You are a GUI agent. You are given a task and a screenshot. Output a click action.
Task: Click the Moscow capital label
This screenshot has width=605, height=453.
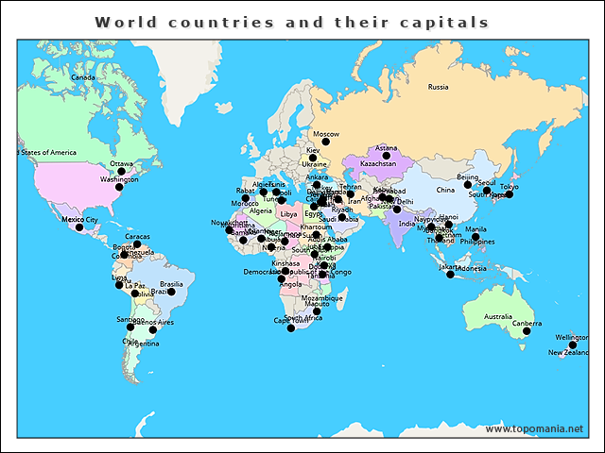coord(325,134)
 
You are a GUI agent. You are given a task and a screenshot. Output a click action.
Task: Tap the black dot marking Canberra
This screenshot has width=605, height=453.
coord(527,331)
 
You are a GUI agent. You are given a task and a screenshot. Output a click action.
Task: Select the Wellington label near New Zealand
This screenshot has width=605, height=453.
coord(572,337)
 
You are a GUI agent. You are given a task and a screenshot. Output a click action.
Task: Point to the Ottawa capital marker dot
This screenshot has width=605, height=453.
coord(121,172)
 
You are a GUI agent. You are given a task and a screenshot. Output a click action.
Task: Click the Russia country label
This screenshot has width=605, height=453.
coord(438,87)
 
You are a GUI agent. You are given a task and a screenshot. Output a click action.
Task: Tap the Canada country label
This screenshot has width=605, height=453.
coord(83,77)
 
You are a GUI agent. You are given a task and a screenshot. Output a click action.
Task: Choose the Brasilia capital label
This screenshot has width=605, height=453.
coord(171,284)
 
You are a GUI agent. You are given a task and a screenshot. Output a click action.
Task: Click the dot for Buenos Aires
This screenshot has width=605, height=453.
coord(152,329)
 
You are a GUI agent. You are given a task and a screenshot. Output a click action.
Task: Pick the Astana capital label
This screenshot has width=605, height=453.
coord(387,148)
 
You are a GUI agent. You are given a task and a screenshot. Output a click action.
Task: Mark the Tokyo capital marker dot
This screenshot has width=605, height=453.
coord(509,194)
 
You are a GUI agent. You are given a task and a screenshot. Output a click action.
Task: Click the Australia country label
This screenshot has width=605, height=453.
coord(497,316)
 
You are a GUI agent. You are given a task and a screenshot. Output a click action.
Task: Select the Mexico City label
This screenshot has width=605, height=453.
coord(79,219)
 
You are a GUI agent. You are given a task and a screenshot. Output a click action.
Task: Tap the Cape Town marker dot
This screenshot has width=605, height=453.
coord(291,327)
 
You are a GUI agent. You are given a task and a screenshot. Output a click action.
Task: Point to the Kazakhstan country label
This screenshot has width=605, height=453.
coord(378,163)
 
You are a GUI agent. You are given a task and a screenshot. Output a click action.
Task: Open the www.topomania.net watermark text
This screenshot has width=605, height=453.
coord(534,428)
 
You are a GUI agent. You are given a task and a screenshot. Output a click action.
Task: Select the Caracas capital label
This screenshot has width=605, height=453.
coord(137,236)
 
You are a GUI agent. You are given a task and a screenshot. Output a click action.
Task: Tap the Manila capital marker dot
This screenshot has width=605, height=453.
coord(475,237)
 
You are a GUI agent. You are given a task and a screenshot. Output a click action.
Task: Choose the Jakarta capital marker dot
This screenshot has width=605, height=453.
coord(450,274)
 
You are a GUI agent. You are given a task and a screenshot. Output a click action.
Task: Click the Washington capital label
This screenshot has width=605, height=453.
coord(119,179)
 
